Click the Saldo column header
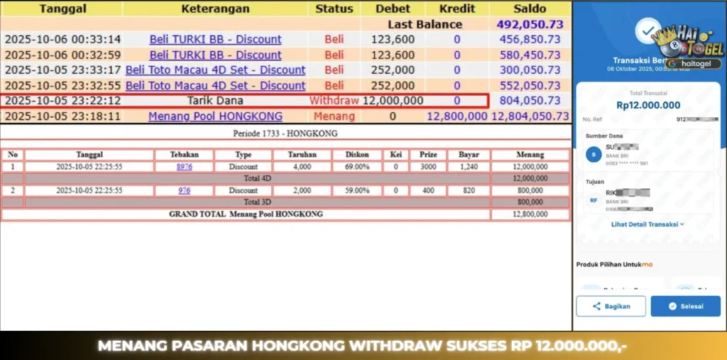[530, 9]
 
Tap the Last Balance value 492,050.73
[530, 24]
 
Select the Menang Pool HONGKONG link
[215, 116]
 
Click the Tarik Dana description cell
[215, 101]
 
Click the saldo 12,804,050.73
[530, 116]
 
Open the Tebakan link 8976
[184, 167]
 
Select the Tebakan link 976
[184, 190]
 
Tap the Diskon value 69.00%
[356, 167]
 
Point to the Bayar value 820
[469, 190]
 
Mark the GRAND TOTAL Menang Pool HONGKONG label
[246, 214]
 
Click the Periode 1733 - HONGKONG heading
[285, 133]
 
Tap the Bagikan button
[611, 306]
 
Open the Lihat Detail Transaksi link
[647, 224]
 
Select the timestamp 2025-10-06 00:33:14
[63, 40]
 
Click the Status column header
[334, 9]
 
